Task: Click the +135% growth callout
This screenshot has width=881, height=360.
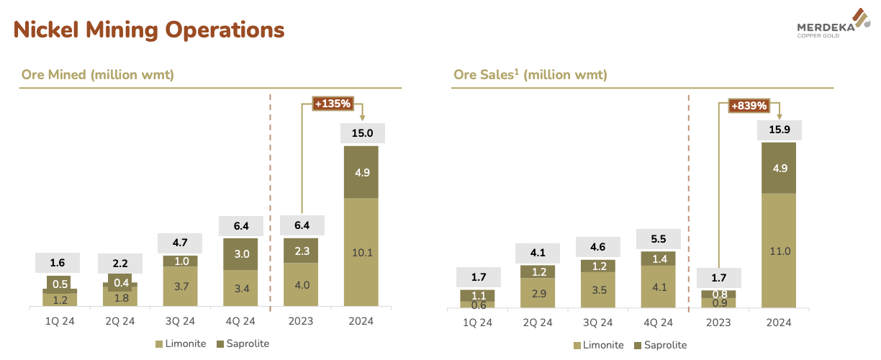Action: pyautogui.click(x=333, y=104)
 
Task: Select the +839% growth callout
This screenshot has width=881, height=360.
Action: pyautogui.click(x=749, y=106)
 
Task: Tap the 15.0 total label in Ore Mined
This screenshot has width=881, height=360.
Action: pyautogui.click(x=361, y=132)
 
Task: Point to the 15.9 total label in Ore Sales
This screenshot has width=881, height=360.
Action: pyautogui.click(x=778, y=130)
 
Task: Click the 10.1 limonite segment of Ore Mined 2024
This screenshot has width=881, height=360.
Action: pyautogui.click(x=361, y=252)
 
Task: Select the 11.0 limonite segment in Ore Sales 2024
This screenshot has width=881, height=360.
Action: pyautogui.click(x=778, y=251)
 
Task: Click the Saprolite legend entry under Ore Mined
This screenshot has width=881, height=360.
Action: pyautogui.click(x=243, y=343)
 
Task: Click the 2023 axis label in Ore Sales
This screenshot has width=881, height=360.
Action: pyautogui.click(x=718, y=322)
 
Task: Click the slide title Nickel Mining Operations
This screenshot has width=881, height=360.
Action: pyautogui.click(x=149, y=30)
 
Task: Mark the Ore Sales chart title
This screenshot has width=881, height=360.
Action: pyautogui.click(x=530, y=75)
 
